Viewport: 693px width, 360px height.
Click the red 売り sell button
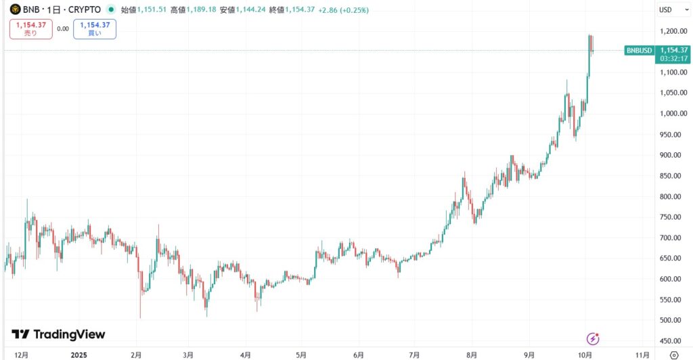click(x=30, y=28)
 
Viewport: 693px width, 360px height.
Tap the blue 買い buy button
click(x=95, y=28)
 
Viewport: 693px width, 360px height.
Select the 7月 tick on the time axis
click(x=414, y=354)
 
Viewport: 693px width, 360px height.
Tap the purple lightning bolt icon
click(x=594, y=338)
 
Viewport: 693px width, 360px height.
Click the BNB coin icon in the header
click(x=14, y=9)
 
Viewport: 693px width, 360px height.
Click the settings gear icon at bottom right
click(x=673, y=354)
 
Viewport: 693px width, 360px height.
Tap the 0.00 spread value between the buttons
click(x=63, y=28)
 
